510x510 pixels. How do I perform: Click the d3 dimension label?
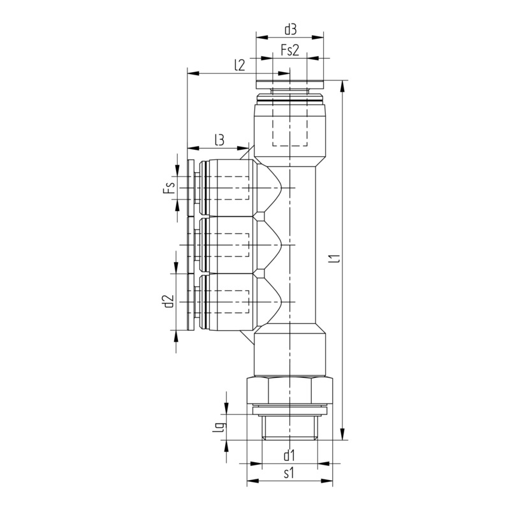tap(291, 29)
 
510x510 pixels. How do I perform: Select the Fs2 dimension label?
tap(291, 50)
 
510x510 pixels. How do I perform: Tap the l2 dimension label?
tap(240, 64)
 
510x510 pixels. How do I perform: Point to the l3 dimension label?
tap(219, 139)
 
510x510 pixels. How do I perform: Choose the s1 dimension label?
tap(289, 473)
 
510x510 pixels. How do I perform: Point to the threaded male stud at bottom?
tap(291, 427)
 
